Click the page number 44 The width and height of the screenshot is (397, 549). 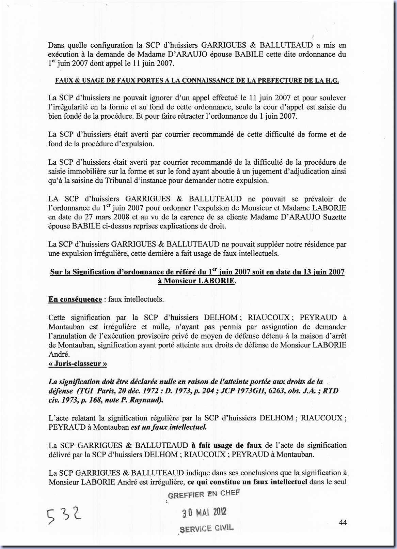tap(343, 522)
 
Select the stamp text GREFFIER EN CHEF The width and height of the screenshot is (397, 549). tap(204, 494)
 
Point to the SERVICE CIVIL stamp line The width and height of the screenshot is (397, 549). tap(206, 528)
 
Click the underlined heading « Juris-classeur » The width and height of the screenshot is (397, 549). tap(78, 363)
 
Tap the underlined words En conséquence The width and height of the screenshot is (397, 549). tap(75, 299)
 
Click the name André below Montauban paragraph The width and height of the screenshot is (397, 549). tap(58, 354)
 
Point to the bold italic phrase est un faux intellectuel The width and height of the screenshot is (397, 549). tap(169, 427)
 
